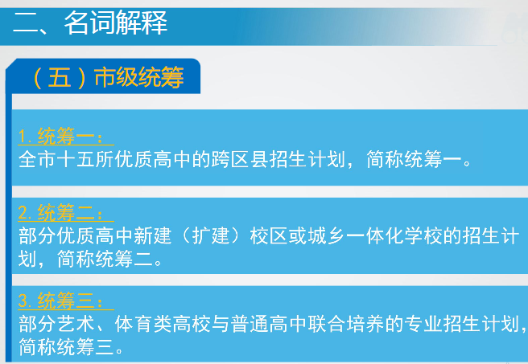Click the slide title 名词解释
click(116, 22)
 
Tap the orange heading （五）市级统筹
click(108, 77)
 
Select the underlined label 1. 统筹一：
click(60, 136)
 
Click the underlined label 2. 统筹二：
click(60, 212)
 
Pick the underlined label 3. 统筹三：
click(60, 301)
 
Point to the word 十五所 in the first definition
click(85, 159)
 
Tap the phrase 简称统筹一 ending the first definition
click(414, 159)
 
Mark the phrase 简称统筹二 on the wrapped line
click(105, 259)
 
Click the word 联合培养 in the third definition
click(346, 324)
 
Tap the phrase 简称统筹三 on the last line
click(66, 346)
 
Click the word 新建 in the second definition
click(153, 235)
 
